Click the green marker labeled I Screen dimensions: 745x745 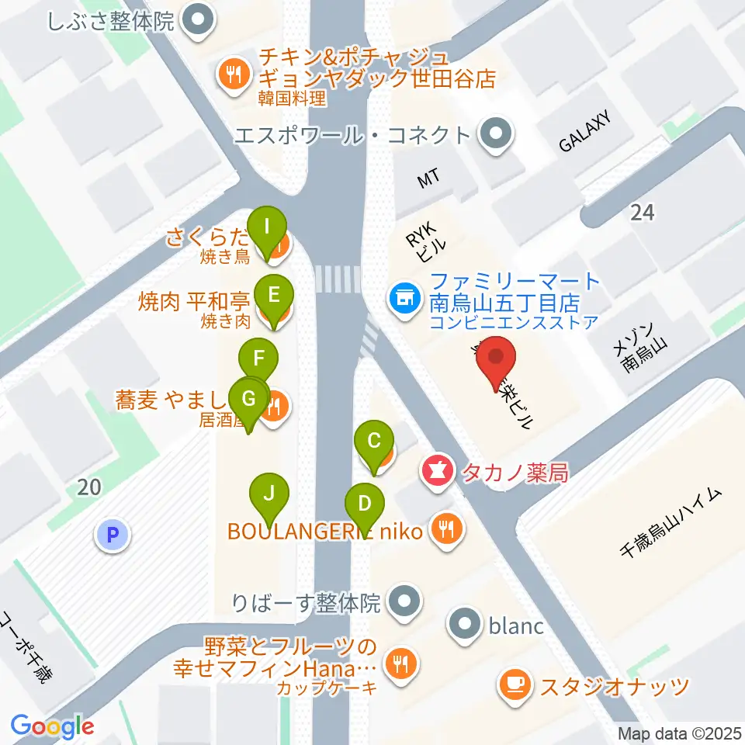[x=268, y=228]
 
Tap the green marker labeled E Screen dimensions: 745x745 [x=273, y=295]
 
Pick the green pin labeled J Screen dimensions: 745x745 [x=269, y=493]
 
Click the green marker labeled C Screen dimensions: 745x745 [x=373, y=442]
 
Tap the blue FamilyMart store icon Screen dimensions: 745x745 [x=404, y=295]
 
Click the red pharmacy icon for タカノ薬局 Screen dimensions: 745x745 [x=437, y=471]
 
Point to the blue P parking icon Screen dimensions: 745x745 [x=113, y=534]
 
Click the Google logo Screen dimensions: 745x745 [x=52, y=726]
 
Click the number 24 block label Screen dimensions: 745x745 [x=643, y=212]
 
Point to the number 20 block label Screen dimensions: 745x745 [x=89, y=487]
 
